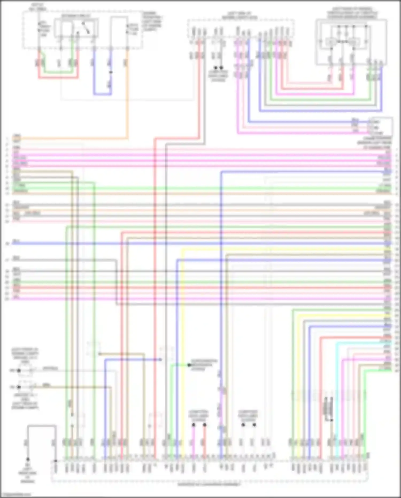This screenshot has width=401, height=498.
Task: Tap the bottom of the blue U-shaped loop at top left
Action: [x=102, y=94]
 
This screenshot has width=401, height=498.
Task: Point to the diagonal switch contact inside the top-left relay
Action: [x=86, y=28]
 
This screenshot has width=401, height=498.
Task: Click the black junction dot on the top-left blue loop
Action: [x=111, y=72]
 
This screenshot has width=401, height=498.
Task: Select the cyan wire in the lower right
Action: [x=336, y=388]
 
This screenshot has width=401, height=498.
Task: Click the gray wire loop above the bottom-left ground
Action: [x=41, y=425]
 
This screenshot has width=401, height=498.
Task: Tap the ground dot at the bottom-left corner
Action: [x=28, y=459]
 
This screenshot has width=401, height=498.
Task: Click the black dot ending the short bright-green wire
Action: [x=189, y=365]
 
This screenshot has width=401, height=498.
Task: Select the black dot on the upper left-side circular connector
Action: [x=19, y=371]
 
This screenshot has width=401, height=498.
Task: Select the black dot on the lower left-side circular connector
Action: [x=19, y=387]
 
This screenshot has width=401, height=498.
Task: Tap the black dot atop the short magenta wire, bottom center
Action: [x=194, y=425]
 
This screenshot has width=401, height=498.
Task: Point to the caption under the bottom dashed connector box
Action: [x=209, y=485]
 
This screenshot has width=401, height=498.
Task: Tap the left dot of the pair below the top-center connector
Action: [x=215, y=68]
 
